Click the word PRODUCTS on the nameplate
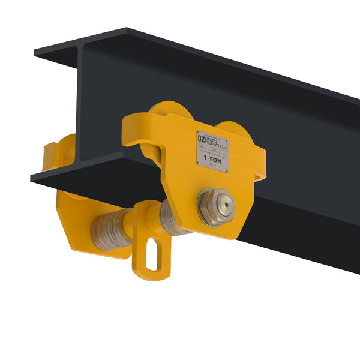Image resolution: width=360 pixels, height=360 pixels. pyautogui.click(x=217, y=145)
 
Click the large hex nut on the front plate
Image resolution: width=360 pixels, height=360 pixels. pyautogui.click(x=216, y=207)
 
